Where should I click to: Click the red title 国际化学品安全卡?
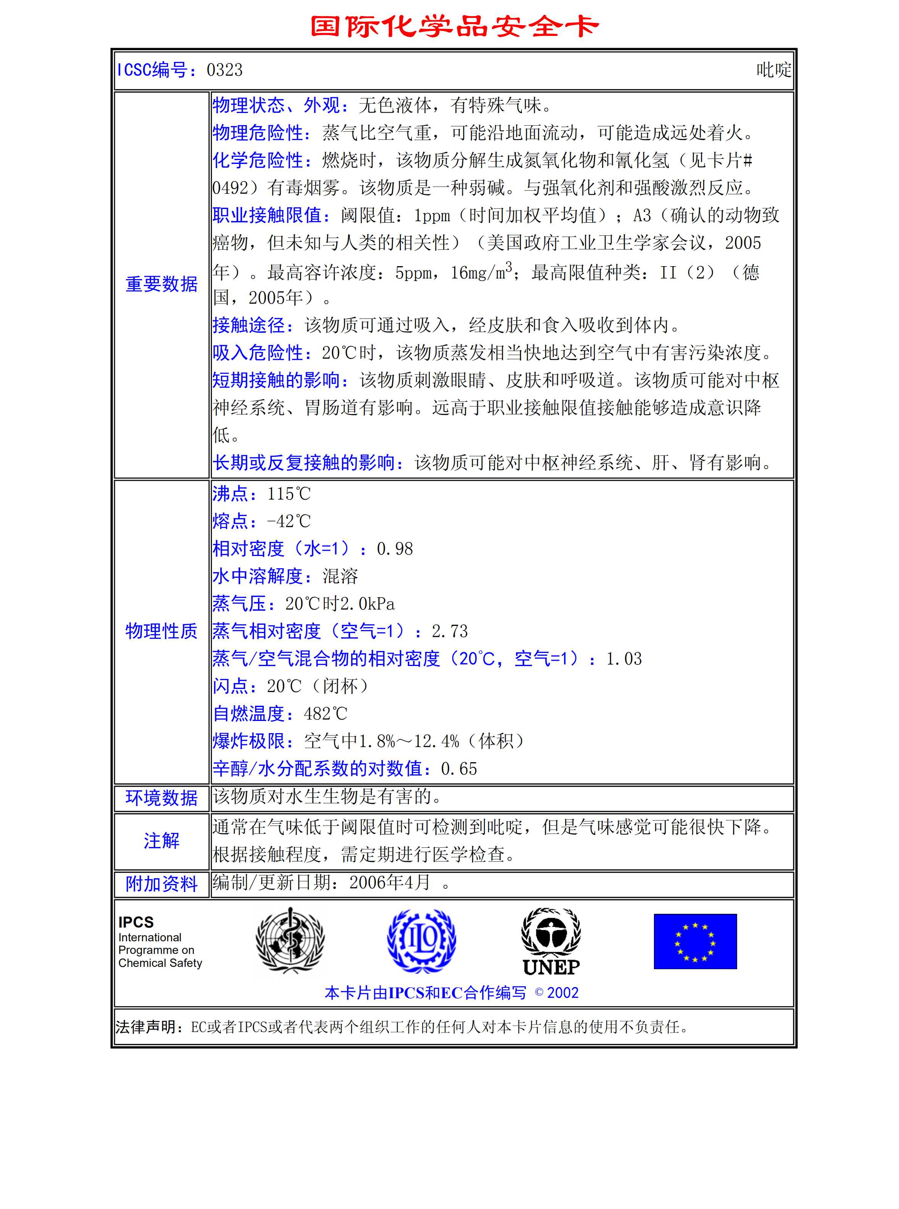pos(454,26)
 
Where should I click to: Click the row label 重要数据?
pos(161,284)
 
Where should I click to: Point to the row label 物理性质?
pos(161,631)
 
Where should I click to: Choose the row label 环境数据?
pos(161,797)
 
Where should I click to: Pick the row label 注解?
pos(161,840)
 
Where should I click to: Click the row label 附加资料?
pos(161,884)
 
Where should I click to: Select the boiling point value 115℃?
pos(289,494)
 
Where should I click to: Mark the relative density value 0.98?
pos(395,549)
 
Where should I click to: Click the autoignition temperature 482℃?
pos(325,714)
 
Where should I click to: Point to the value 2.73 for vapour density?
pos(450,632)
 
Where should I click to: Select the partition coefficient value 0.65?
pos(459,769)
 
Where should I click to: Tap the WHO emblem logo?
pos(291,940)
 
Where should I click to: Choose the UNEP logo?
pos(551,942)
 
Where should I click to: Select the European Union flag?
pos(695,941)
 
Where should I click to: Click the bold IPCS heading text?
pos(136,922)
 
